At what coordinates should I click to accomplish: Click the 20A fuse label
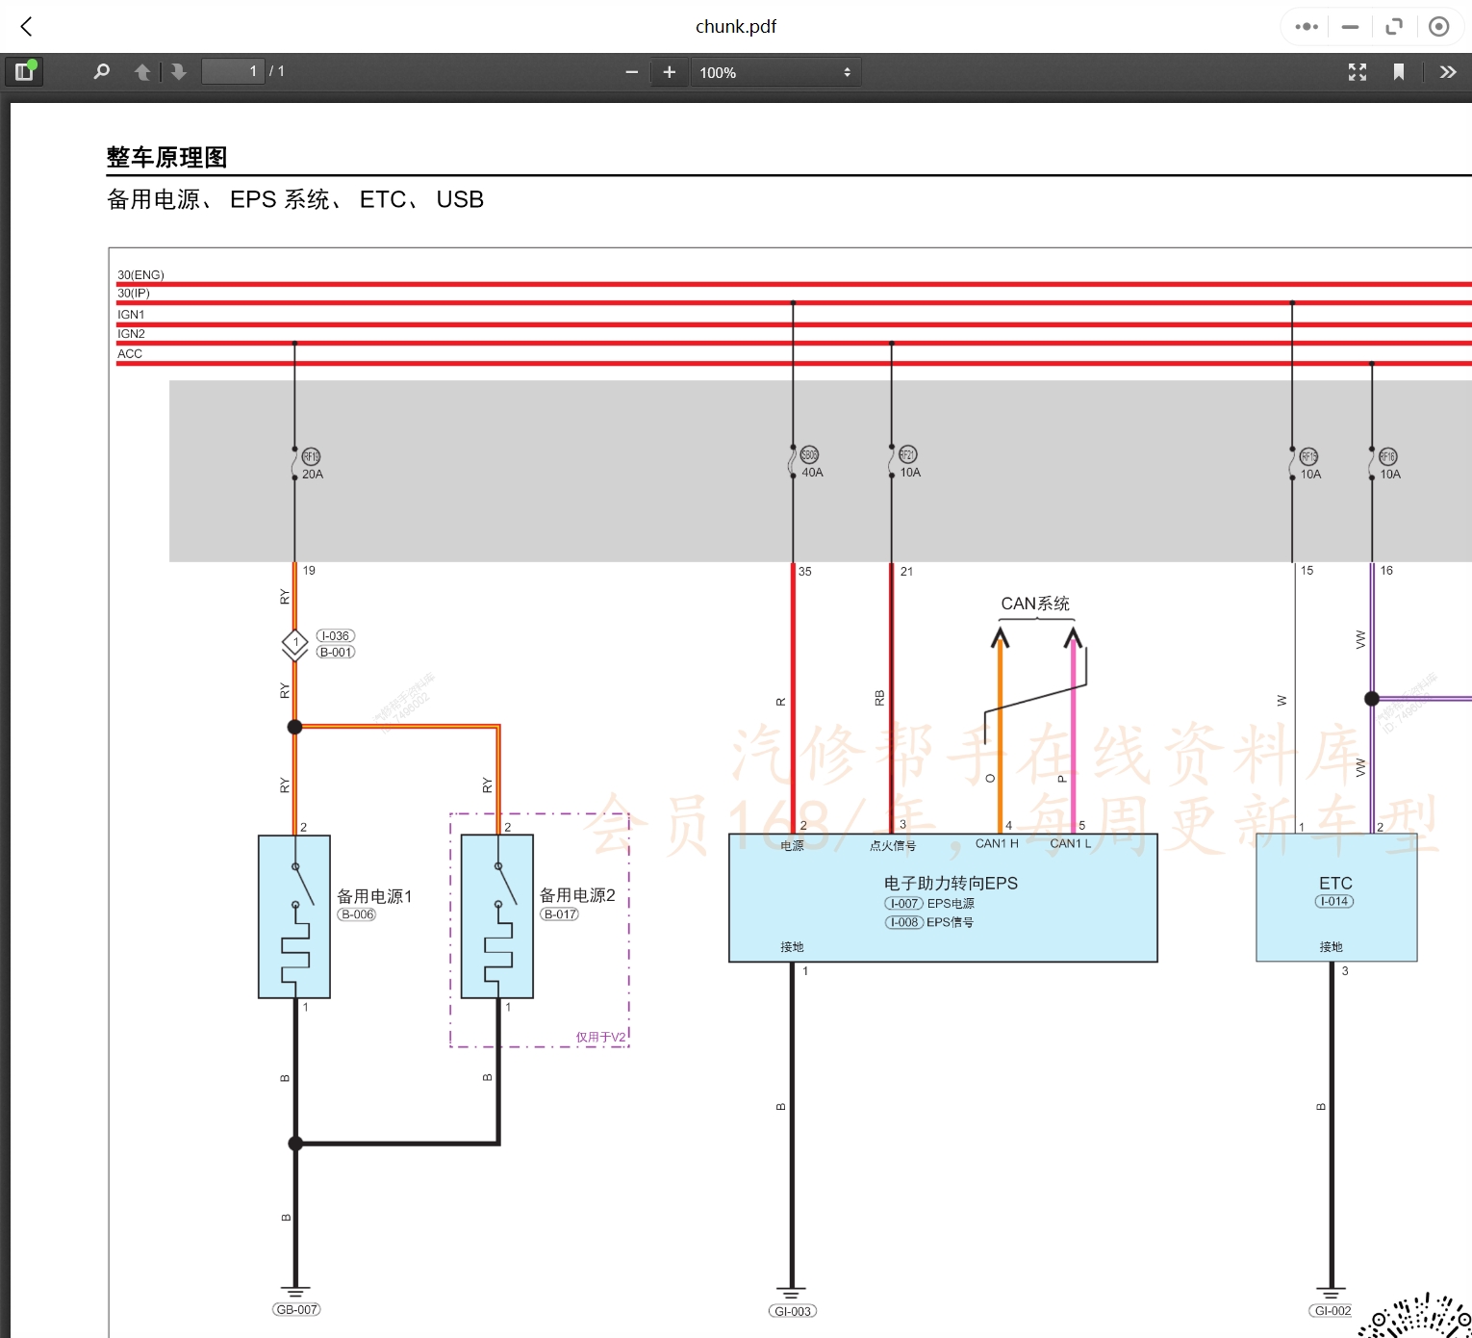pyautogui.click(x=313, y=475)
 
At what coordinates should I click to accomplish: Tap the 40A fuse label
pyautogui.click(x=812, y=473)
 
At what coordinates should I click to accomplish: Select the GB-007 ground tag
pyautogui.click(x=296, y=1309)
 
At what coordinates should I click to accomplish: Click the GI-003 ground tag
pyautogui.click(x=793, y=1311)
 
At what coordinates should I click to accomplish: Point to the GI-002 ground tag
pyautogui.click(x=1332, y=1311)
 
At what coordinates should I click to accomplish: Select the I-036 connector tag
pyautogui.click(x=336, y=636)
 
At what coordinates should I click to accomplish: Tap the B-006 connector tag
pyautogui.click(x=357, y=914)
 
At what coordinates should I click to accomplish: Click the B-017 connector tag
pyautogui.click(x=560, y=914)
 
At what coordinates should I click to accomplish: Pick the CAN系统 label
pyautogui.click(x=1035, y=604)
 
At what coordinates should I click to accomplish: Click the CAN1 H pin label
pyautogui.click(x=997, y=844)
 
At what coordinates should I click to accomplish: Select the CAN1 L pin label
pyautogui.click(x=1070, y=844)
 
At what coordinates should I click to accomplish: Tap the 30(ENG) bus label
pyautogui.click(x=140, y=275)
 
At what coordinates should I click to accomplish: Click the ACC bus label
pyautogui.click(x=130, y=354)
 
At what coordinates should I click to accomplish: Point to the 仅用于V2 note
pyautogui.click(x=600, y=1038)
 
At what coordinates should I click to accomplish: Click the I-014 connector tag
pyautogui.click(x=1334, y=902)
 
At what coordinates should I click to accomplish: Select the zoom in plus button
pyautogui.click(x=670, y=72)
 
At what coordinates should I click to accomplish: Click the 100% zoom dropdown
pyautogui.click(x=774, y=72)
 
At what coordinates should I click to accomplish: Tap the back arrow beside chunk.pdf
pyautogui.click(x=27, y=27)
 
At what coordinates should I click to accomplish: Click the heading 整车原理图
pyautogui.click(x=166, y=157)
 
